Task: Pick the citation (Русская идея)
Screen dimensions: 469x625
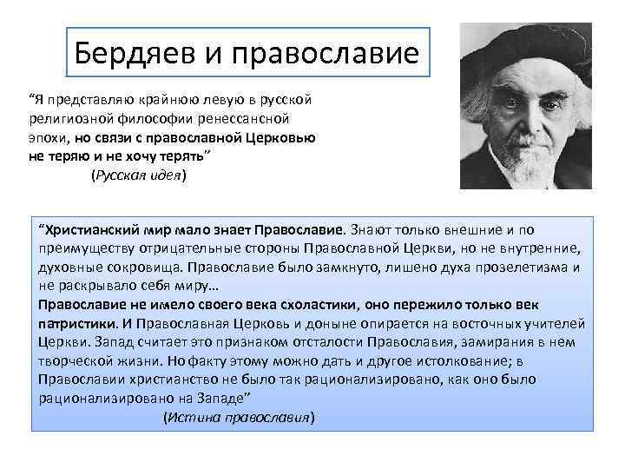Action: click(138, 175)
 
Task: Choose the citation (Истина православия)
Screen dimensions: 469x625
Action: click(239, 416)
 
